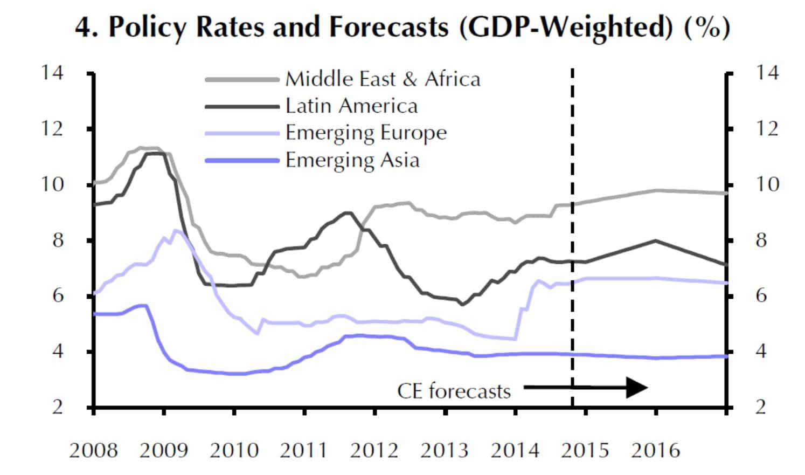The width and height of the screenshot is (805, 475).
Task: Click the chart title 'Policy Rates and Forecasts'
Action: point(278,27)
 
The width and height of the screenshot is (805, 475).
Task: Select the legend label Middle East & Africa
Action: point(383,79)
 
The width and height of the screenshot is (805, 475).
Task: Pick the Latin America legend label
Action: point(351,106)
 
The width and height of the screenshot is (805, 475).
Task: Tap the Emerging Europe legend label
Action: point(366,133)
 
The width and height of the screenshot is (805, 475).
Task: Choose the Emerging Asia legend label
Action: point(352,160)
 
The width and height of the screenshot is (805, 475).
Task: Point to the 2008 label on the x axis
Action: point(93,450)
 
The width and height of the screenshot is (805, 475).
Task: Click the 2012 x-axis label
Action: point(374,450)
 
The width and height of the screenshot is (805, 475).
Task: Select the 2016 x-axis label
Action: point(656,450)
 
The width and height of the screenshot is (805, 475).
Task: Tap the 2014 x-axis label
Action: point(515,450)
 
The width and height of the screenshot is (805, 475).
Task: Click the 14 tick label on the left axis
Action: point(52,72)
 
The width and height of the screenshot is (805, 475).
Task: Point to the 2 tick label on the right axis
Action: point(760,407)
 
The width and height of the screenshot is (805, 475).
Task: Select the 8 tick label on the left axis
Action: point(58,239)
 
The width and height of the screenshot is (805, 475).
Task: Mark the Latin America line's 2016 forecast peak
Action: point(656,240)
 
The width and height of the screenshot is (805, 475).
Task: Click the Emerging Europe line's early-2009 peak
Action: point(176,230)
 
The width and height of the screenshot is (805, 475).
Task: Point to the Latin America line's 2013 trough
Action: point(462,304)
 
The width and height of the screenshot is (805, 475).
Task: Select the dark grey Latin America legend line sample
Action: point(242,106)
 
